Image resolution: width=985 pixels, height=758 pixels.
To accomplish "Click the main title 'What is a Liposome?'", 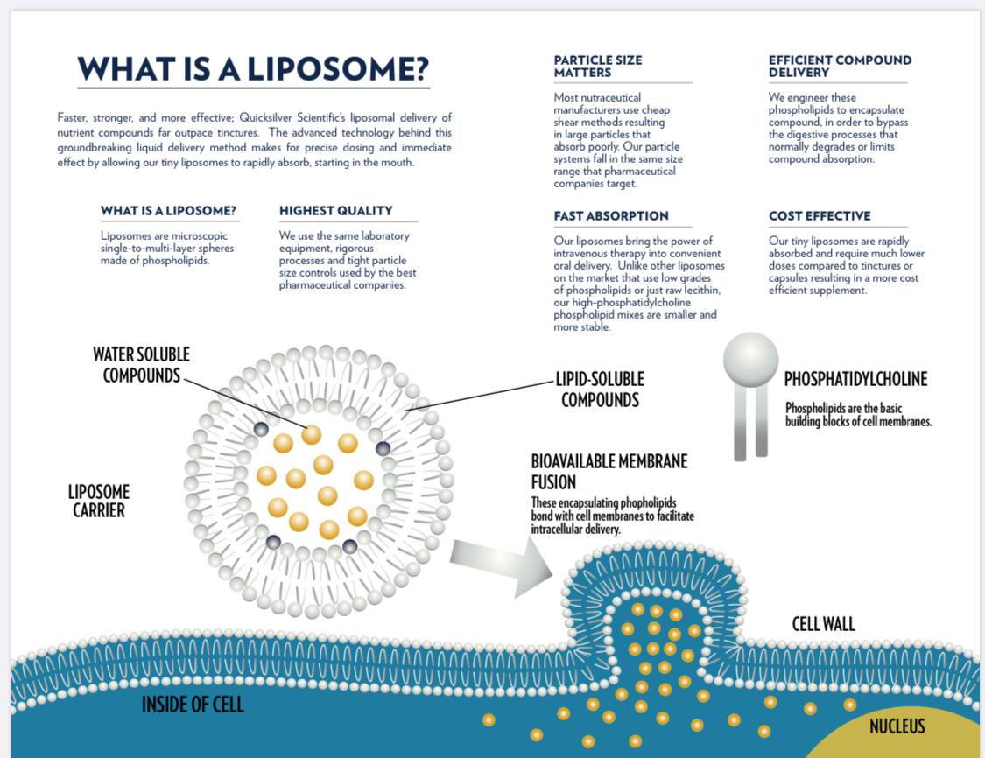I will pos(253,69).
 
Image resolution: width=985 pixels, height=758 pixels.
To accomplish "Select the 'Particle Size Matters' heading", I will pos(598,66).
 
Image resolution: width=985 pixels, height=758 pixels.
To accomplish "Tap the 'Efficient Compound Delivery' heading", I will pos(840,66).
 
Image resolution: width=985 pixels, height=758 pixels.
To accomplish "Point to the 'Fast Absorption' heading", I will pos(611,215).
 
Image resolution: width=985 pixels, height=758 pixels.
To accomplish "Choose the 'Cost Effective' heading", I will pos(820,215).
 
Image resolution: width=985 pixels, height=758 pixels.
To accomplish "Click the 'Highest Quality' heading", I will pos(335,210).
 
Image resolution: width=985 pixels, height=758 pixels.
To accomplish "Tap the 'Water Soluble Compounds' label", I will pos(141,365).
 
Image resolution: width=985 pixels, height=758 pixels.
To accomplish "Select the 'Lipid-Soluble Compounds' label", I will pos(600,390).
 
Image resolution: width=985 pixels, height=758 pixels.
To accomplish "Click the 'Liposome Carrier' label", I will pos(99,501).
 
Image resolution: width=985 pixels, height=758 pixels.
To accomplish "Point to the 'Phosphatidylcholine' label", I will pos(855,379).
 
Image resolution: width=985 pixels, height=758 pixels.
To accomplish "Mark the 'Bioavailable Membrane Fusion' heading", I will pos(609,471).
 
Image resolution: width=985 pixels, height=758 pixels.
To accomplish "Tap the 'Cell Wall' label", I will pos(823,624).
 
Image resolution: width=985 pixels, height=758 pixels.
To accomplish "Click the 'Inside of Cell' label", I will pos(193,705).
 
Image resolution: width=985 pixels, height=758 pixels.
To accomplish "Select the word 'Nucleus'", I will pos(897,726).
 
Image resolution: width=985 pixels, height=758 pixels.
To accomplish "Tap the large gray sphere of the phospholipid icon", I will pos(750,359).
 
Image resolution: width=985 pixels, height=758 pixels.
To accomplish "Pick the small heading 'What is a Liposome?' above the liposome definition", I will pos(168,210).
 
